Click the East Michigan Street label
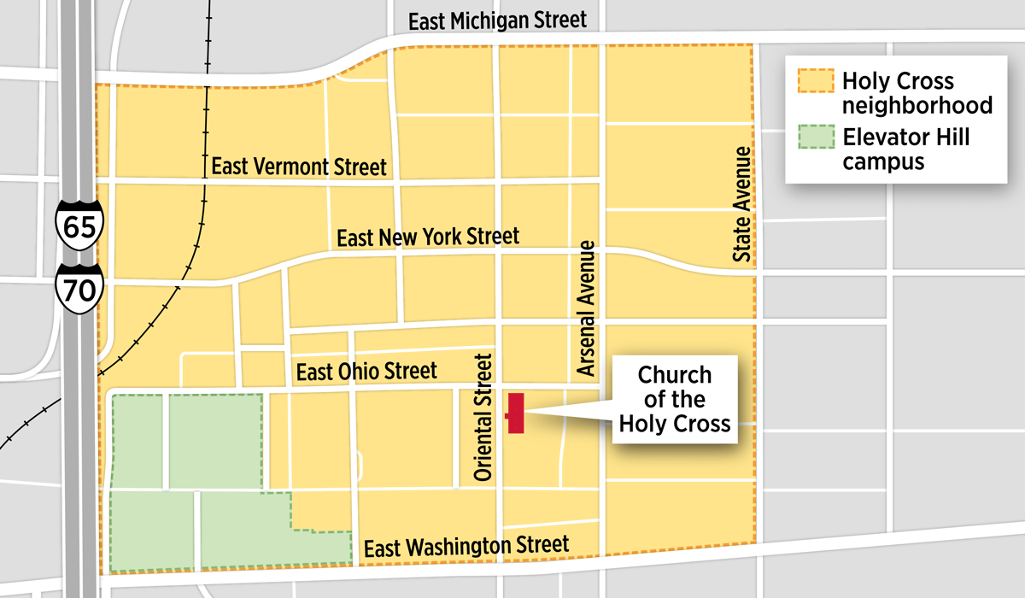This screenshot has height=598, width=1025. [498, 21]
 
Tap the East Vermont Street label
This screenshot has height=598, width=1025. [299, 167]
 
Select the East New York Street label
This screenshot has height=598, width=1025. [428, 237]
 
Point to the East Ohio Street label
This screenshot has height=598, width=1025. [366, 372]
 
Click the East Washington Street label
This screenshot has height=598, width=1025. [466, 546]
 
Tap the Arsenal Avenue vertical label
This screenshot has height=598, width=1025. [586, 308]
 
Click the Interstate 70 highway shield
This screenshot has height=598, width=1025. [80, 289]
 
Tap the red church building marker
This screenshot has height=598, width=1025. [515, 413]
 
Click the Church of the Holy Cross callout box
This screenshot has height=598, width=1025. [674, 399]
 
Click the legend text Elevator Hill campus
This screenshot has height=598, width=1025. [905, 149]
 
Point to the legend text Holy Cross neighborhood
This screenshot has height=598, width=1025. [917, 93]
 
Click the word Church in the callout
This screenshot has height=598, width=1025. [675, 375]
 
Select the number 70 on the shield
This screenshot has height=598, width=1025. [80, 291]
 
